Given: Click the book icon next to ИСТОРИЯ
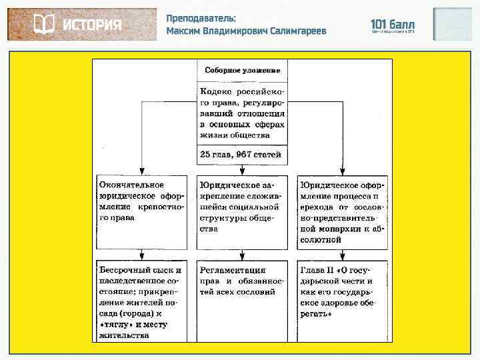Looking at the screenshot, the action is tap(43, 25).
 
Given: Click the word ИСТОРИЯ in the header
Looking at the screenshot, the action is tap(92, 25).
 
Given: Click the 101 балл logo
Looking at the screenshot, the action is tap(392, 25).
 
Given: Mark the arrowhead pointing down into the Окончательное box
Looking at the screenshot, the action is tap(141, 171).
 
